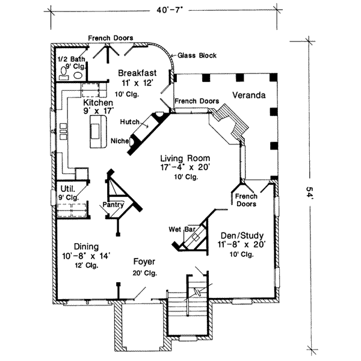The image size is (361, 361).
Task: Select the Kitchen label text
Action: [97, 103]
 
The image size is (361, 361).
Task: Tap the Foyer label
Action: [145, 262]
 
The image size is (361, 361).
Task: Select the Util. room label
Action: [67, 188]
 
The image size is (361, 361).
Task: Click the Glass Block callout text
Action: [197, 55]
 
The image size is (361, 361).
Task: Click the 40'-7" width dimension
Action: [163, 10]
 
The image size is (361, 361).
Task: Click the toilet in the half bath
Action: [65, 71]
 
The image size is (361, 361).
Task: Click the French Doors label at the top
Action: [111, 38]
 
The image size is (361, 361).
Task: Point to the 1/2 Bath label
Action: [68, 60]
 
